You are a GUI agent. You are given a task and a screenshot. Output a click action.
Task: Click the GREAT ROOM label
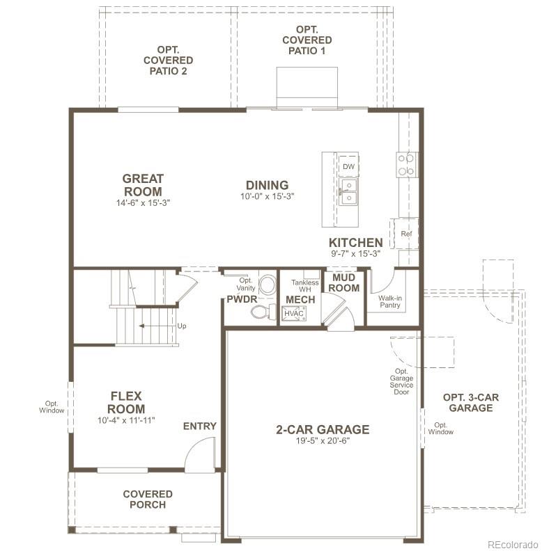143,185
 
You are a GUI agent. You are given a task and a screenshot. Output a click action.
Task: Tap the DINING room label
267,185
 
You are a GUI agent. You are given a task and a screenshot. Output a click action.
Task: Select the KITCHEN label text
356,243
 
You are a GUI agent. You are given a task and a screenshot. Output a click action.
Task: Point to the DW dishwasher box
348,167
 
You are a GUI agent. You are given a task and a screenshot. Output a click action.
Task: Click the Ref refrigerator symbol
406,234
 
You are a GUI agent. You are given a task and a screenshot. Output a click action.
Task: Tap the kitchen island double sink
348,192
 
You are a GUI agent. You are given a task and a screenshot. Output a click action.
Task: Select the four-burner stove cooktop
406,164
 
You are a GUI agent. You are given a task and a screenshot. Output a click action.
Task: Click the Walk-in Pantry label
390,301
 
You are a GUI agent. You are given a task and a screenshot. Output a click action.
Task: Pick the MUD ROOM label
344,282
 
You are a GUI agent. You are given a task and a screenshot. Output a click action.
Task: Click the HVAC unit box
294,314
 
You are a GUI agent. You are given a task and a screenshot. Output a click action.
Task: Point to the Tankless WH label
305,286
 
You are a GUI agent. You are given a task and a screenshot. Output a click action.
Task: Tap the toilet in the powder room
263,312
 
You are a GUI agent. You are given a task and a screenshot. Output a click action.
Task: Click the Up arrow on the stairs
162,326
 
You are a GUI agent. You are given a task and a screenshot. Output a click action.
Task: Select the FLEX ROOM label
126,403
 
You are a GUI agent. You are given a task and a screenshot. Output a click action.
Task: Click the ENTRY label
200,426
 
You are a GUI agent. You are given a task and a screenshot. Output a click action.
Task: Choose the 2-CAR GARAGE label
323,429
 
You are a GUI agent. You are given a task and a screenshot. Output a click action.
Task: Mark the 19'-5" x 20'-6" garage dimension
323,441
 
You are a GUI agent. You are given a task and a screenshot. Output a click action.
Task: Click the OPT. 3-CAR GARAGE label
471,402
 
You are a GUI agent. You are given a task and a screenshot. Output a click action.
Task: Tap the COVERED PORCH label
148,499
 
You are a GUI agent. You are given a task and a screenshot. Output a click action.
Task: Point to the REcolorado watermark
512,543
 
